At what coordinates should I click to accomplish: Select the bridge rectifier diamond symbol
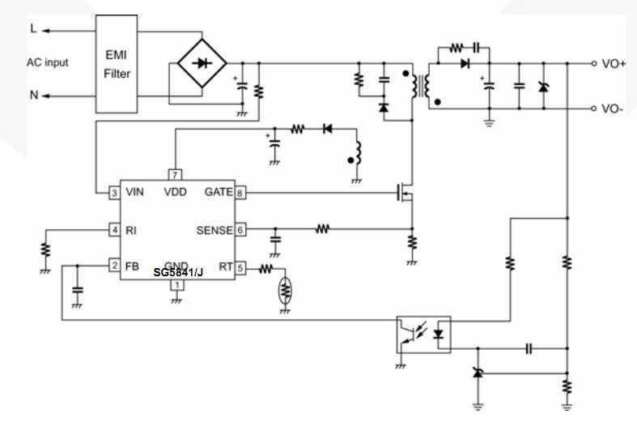[201, 62]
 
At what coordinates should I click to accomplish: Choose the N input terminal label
[33, 96]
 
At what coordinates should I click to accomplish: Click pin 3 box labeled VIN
[115, 193]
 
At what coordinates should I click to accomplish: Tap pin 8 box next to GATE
[240, 193]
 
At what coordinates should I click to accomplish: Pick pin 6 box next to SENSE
[240, 230]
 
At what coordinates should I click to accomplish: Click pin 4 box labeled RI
[115, 230]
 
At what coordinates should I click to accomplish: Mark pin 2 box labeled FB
[115, 266]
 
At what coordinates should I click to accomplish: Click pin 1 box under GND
[175, 285]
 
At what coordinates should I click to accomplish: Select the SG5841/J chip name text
[178, 273]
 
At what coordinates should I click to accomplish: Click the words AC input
[47, 62]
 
